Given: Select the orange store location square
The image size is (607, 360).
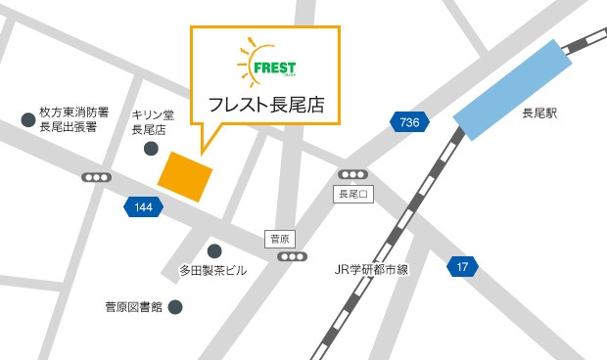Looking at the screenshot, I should [x=186, y=176].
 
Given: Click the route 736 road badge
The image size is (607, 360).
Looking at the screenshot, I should [x=409, y=122].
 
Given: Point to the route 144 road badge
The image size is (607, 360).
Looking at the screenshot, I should [x=143, y=207].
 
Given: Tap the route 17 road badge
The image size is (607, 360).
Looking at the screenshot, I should [x=462, y=266].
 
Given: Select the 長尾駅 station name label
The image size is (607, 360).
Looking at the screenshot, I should [x=538, y=114].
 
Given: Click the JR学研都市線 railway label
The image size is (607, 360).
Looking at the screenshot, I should [x=371, y=269].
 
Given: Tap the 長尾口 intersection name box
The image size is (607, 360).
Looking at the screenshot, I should [x=350, y=194].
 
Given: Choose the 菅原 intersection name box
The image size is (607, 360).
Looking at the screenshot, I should [x=279, y=239].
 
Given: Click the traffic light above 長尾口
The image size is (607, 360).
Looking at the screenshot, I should [x=352, y=174].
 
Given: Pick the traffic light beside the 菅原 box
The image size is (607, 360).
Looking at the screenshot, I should [x=292, y=256].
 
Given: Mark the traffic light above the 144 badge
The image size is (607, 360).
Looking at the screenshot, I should [x=98, y=178].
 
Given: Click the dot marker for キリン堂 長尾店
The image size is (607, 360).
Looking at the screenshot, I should [x=151, y=149].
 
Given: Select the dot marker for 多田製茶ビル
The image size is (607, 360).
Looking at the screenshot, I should [x=214, y=250].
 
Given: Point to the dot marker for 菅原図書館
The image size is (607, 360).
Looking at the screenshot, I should [x=175, y=307].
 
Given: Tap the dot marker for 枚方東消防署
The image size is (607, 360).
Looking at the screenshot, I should [x=26, y=120].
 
